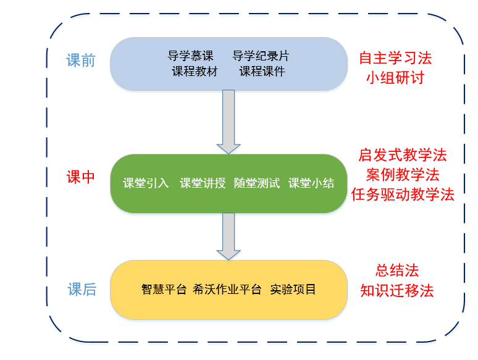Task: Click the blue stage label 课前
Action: coord(81,61)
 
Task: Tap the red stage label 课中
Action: coord(81,177)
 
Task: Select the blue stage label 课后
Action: coord(82,289)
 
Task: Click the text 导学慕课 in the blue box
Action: coord(191,56)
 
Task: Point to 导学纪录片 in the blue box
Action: coord(261,56)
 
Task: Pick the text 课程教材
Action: coord(195,72)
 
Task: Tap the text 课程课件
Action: coord(262,72)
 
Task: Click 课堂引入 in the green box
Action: coord(146,183)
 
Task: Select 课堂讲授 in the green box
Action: coord(203,183)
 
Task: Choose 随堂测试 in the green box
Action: coord(257,183)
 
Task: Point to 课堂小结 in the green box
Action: coord(311,183)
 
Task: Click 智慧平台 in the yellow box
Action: coord(164,289)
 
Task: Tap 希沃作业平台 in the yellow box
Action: coord(227,289)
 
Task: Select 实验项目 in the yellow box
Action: coord(293,289)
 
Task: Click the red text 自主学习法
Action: coord(395,58)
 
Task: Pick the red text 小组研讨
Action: coord(395,77)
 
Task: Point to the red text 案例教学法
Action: coord(403,175)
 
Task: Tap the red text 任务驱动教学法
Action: coord(403,194)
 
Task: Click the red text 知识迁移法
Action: coord(397,290)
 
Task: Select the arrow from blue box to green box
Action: coord(229,122)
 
